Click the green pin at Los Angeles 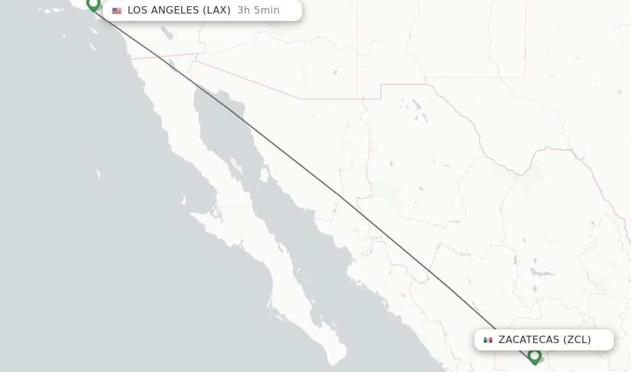pyautogui.click(x=93, y=4)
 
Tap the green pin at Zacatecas pyautogui.click(x=534, y=356)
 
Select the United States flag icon pyautogui.click(x=116, y=10)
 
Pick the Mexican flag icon pyautogui.click(x=488, y=340)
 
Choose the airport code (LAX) pyautogui.click(x=217, y=10)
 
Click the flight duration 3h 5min pyautogui.click(x=258, y=10)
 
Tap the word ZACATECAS pyautogui.click(x=529, y=340)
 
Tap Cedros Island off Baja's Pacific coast pyautogui.click(x=184, y=201)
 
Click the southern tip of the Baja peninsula pyautogui.click(x=336, y=362)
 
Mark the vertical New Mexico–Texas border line pyautogui.click(x=525, y=37)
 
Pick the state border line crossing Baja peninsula pyautogui.click(x=234, y=206)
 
